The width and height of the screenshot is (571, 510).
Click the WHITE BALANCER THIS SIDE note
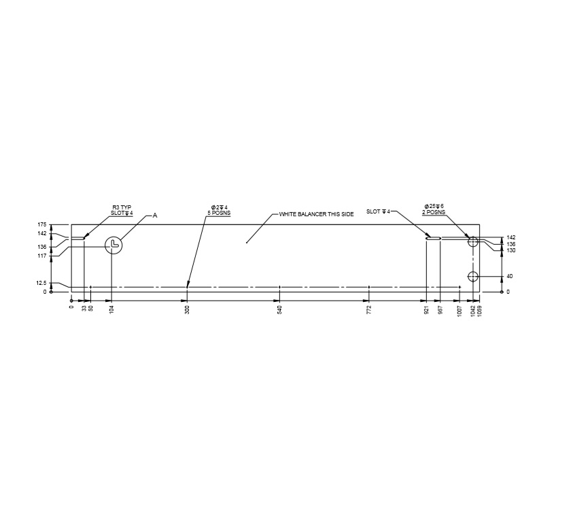click(x=316, y=214)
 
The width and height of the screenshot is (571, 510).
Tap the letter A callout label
click(x=154, y=215)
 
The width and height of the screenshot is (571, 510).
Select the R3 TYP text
click(x=122, y=207)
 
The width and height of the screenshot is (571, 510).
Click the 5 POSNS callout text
click(x=220, y=212)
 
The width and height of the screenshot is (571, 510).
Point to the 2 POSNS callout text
click(x=434, y=212)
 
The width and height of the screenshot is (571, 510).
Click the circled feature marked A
click(x=114, y=245)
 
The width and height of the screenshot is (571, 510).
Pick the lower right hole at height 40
click(x=474, y=276)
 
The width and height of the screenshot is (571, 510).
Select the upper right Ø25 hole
click(x=474, y=241)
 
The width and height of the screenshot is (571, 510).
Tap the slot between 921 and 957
click(x=434, y=239)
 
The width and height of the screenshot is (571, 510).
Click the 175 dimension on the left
click(x=41, y=224)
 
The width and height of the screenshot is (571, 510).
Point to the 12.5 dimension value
click(x=41, y=283)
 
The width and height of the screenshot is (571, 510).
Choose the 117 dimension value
click(x=41, y=256)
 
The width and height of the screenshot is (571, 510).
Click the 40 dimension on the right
click(x=509, y=276)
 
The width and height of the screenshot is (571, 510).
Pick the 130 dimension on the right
click(x=511, y=250)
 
